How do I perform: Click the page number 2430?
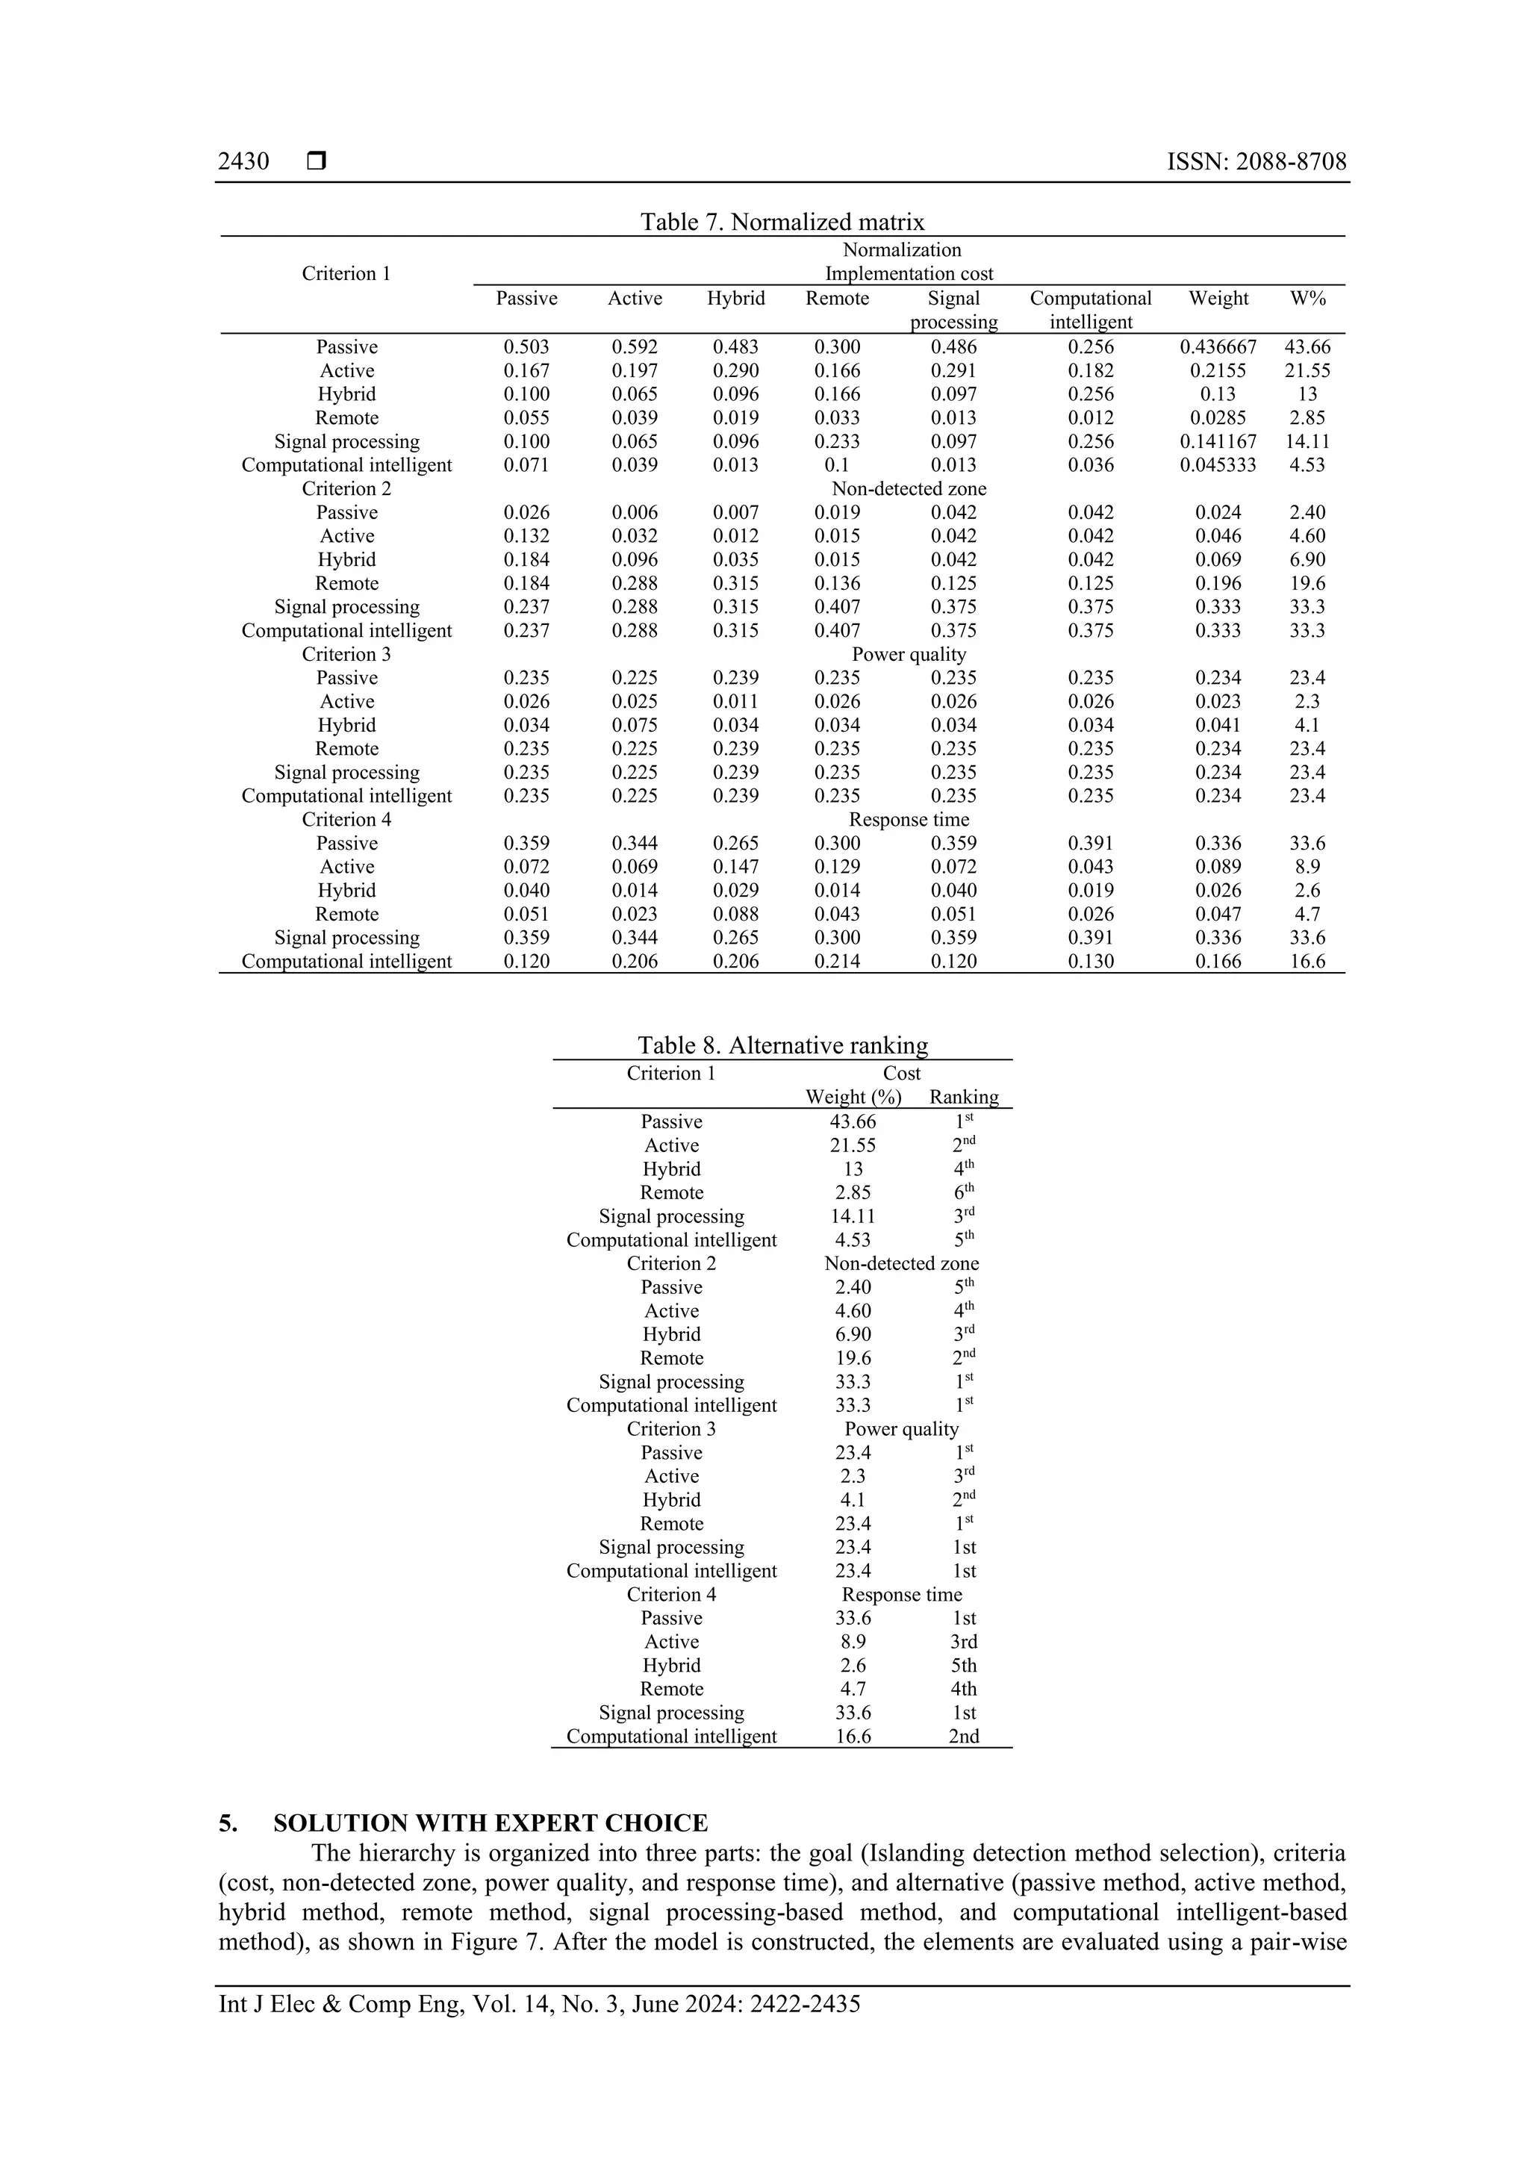click(x=243, y=162)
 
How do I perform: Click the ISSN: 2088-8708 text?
click(x=1256, y=162)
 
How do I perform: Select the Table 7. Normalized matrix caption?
click(x=782, y=222)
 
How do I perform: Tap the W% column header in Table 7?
click(x=1307, y=299)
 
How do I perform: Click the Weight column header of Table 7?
click(x=1218, y=299)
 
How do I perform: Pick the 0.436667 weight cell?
click(x=1218, y=346)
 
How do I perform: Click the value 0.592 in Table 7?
click(x=635, y=346)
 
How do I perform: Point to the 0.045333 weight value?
click(x=1218, y=465)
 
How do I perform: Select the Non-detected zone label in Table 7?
click(x=909, y=489)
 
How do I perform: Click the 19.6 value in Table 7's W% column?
click(x=1307, y=583)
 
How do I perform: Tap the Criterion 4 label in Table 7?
click(x=346, y=820)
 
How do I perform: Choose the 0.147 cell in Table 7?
click(x=736, y=867)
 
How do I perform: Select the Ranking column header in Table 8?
click(x=964, y=1098)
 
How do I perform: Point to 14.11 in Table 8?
click(x=853, y=1216)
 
